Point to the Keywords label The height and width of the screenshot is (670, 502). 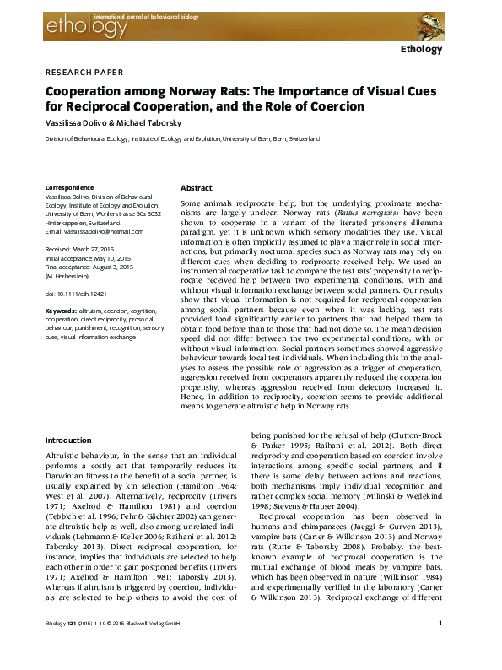tap(61, 311)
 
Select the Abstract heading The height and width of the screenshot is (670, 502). tap(197, 188)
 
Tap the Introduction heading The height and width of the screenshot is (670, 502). tap(68, 440)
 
